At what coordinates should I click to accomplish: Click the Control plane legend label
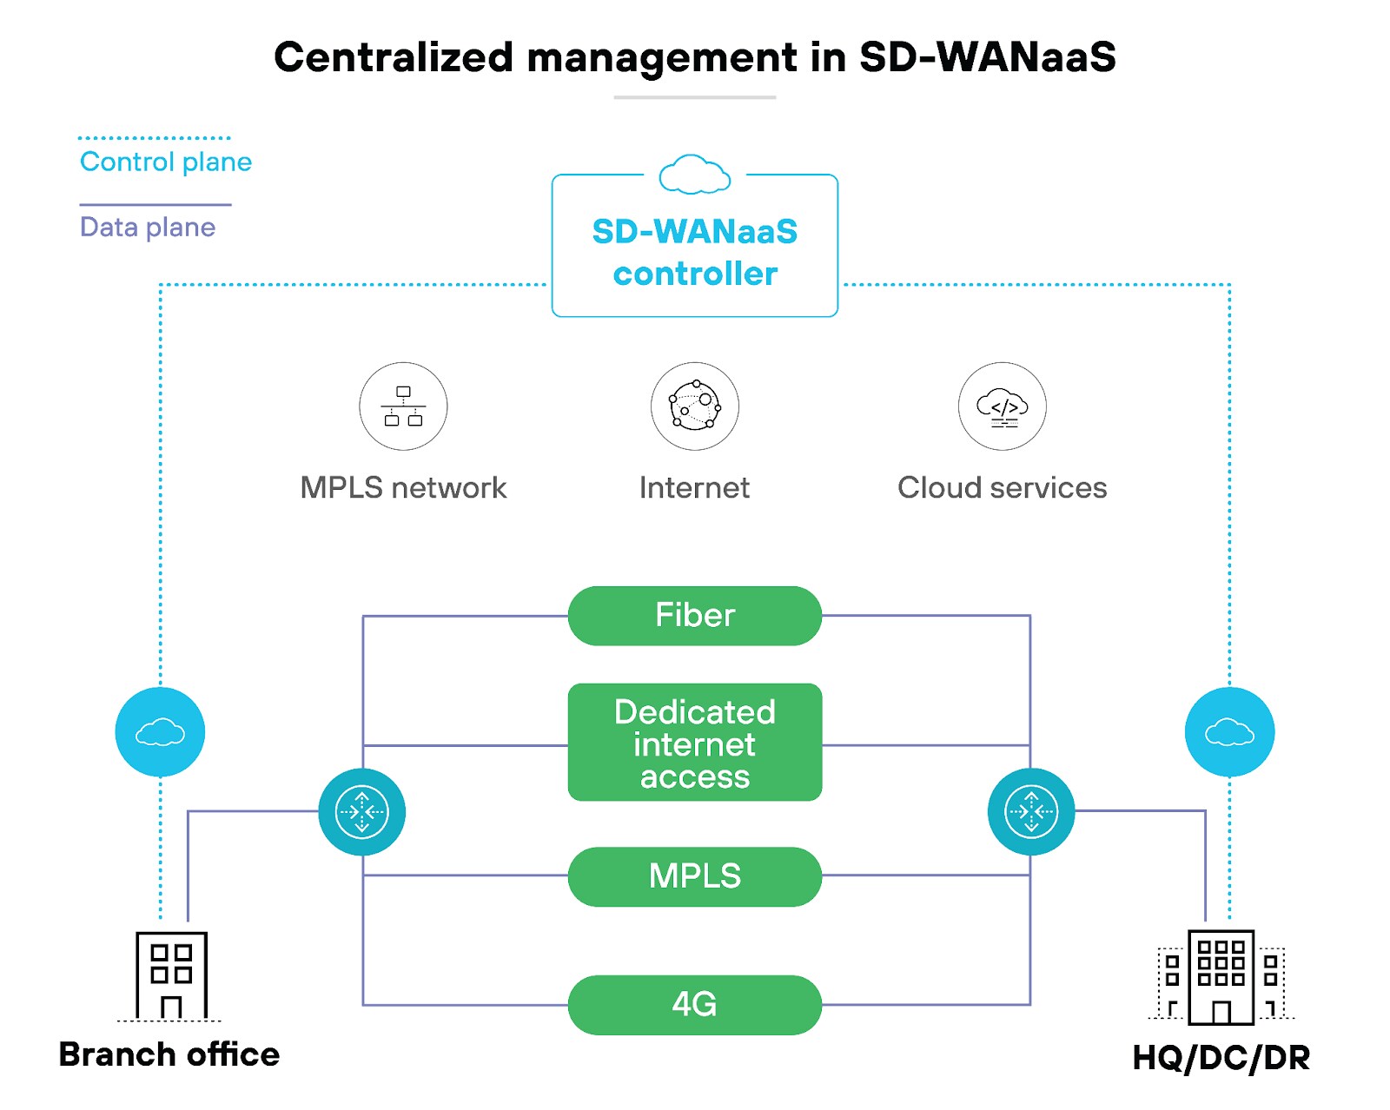point(165,162)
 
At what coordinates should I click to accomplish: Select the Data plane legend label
point(147,227)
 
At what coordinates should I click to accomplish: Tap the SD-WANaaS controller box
point(694,252)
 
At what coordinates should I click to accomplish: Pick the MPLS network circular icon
point(403,406)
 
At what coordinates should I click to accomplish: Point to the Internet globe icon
point(694,406)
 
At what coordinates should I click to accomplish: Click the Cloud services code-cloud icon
point(1002,406)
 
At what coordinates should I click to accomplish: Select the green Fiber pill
point(694,615)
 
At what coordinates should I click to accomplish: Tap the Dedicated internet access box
point(694,743)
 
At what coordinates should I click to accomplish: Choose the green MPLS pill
point(694,875)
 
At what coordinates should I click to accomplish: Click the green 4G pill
point(694,1004)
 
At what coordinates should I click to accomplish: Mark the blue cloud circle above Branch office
point(160,731)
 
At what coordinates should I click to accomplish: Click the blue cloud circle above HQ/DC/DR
point(1229,731)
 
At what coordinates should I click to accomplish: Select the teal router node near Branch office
point(361,811)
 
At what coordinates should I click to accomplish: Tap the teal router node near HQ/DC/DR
point(1030,811)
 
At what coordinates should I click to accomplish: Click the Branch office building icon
point(171,975)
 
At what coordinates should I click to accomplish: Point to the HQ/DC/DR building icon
point(1221,977)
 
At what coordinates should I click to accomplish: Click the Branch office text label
point(169,1054)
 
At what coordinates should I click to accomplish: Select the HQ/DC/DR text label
point(1221,1058)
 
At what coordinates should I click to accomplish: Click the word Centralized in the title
point(394,57)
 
